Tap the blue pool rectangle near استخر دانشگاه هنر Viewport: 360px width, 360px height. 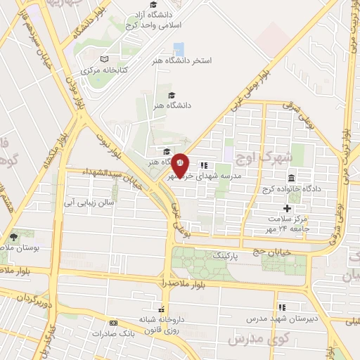[179, 49]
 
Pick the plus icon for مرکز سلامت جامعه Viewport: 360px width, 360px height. [287, 208]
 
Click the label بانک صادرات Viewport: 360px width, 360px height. [116, 333]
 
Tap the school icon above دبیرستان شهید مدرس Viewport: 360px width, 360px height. [282, 307]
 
